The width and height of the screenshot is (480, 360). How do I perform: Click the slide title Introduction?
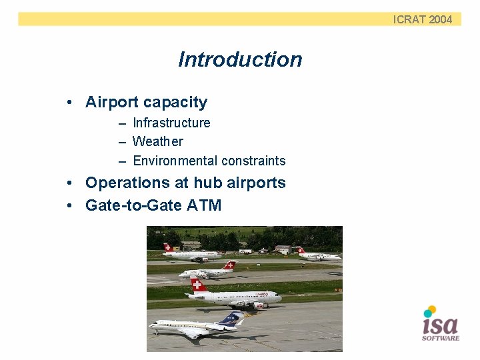240,59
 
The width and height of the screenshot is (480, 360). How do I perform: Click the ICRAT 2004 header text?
422,19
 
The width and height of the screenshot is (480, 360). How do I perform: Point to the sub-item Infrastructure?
171,123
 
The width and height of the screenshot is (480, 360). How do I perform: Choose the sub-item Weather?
157,141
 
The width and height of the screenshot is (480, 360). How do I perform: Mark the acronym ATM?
204,205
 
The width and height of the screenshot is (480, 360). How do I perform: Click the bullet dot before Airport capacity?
69,103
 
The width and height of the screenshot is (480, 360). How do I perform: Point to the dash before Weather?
122,142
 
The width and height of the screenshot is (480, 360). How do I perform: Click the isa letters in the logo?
441,325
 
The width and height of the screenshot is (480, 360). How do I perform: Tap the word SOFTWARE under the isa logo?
441,338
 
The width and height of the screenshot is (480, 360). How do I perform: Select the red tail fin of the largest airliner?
197,286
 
